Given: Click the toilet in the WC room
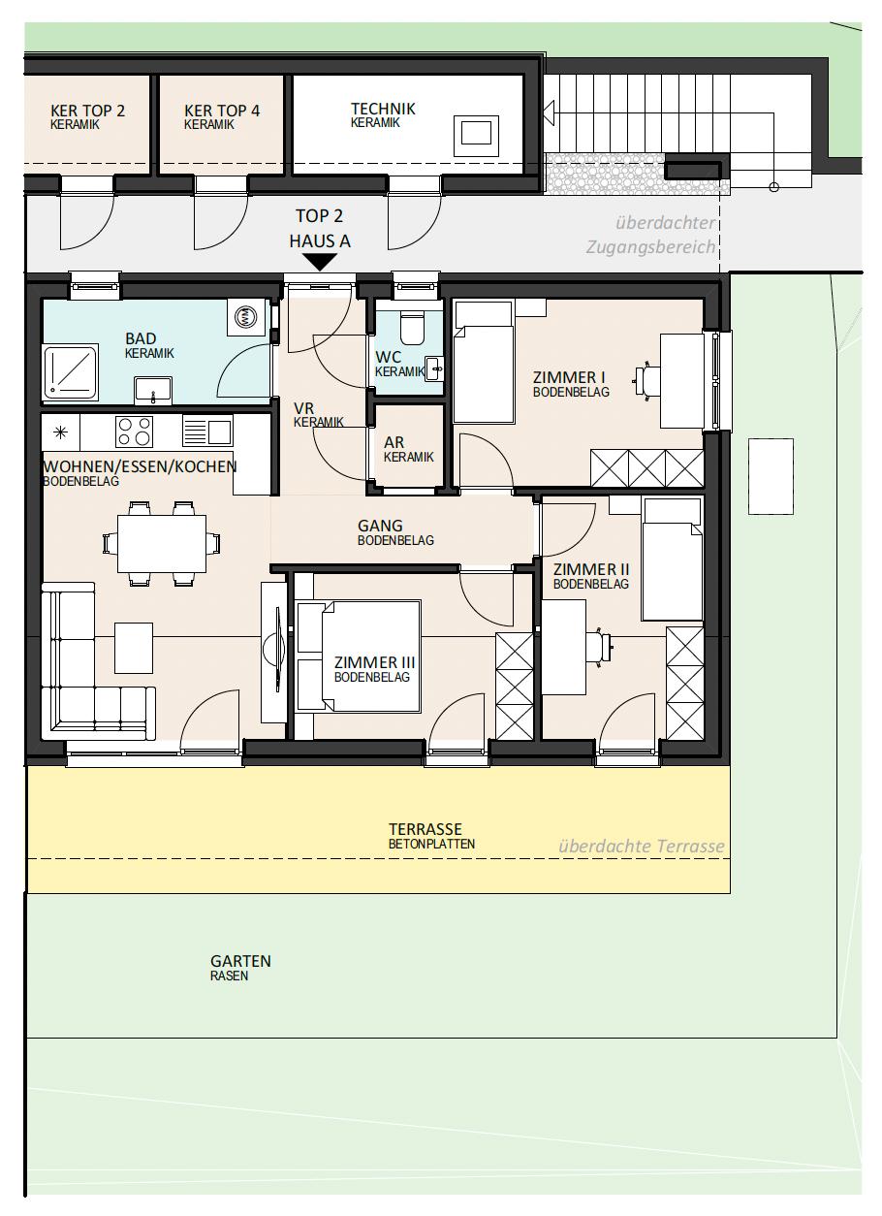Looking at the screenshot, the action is pos(412,327).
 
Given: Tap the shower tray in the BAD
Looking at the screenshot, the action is pos(71,371).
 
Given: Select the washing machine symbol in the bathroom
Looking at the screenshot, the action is pos(247,315).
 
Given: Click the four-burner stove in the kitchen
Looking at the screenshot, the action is pos(134,432).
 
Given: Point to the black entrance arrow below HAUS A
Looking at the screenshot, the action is pos(320,263).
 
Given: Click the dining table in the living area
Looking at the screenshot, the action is pos(162,543).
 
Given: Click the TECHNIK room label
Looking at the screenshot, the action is pos(383,110).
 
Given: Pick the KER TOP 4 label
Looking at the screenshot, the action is pos(222,111).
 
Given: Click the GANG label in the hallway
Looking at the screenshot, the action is pos(380,526).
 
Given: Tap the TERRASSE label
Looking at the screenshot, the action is pos(425,829).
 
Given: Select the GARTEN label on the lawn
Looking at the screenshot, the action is pos(240,961).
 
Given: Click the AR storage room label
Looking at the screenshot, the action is pos(394,442).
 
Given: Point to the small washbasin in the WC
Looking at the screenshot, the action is pos(434,369).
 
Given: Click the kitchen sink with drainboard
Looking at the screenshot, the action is pos(207,431).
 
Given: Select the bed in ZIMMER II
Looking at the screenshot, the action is pos(673,560).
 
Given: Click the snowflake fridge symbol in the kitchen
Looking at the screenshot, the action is pos(60,432).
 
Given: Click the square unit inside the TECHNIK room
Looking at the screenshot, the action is pos(476,136).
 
